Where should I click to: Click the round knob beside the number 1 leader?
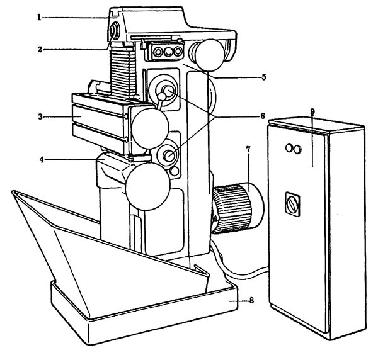tap(115, 30)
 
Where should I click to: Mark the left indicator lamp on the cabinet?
tap(289, 149)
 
